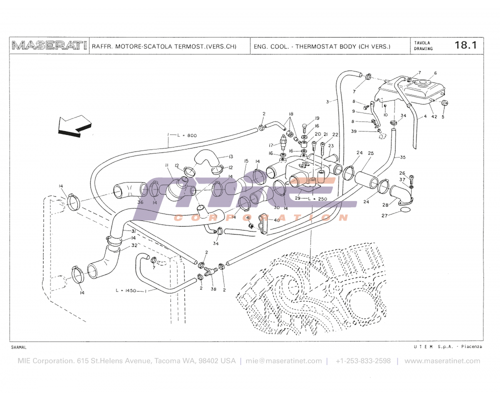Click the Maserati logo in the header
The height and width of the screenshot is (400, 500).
click(49, 45)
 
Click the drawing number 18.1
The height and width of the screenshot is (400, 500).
click(465, 45)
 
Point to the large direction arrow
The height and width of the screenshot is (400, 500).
click(74, 126)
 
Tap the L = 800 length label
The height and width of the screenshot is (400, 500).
click(187, 135)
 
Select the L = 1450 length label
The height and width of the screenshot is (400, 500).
click(125, 290)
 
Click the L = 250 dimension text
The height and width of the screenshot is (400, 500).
click(317, 198)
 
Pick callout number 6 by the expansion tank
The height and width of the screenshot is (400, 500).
click(435, 73)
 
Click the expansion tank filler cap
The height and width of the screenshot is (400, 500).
click(423, 82)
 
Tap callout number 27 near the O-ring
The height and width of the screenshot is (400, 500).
click(384, 215)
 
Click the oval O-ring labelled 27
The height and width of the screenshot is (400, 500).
click(405, 209)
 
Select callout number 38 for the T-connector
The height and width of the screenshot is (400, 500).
click(213, 289)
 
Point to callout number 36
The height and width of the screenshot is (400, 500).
click(140, 202)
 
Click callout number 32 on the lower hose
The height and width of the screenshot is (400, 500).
click(134, 245)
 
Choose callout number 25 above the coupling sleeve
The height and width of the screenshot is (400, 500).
click(370, 153)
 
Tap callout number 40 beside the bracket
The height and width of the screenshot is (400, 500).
click(277, 220)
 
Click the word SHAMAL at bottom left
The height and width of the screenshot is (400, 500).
click(19, 347)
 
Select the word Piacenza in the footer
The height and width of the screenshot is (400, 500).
click(471, 346)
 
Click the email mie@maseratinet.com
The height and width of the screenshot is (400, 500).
click(283, 361)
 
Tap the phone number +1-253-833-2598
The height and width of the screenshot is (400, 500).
click(363, 361)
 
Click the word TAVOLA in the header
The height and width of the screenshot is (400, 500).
click(422, 42)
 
